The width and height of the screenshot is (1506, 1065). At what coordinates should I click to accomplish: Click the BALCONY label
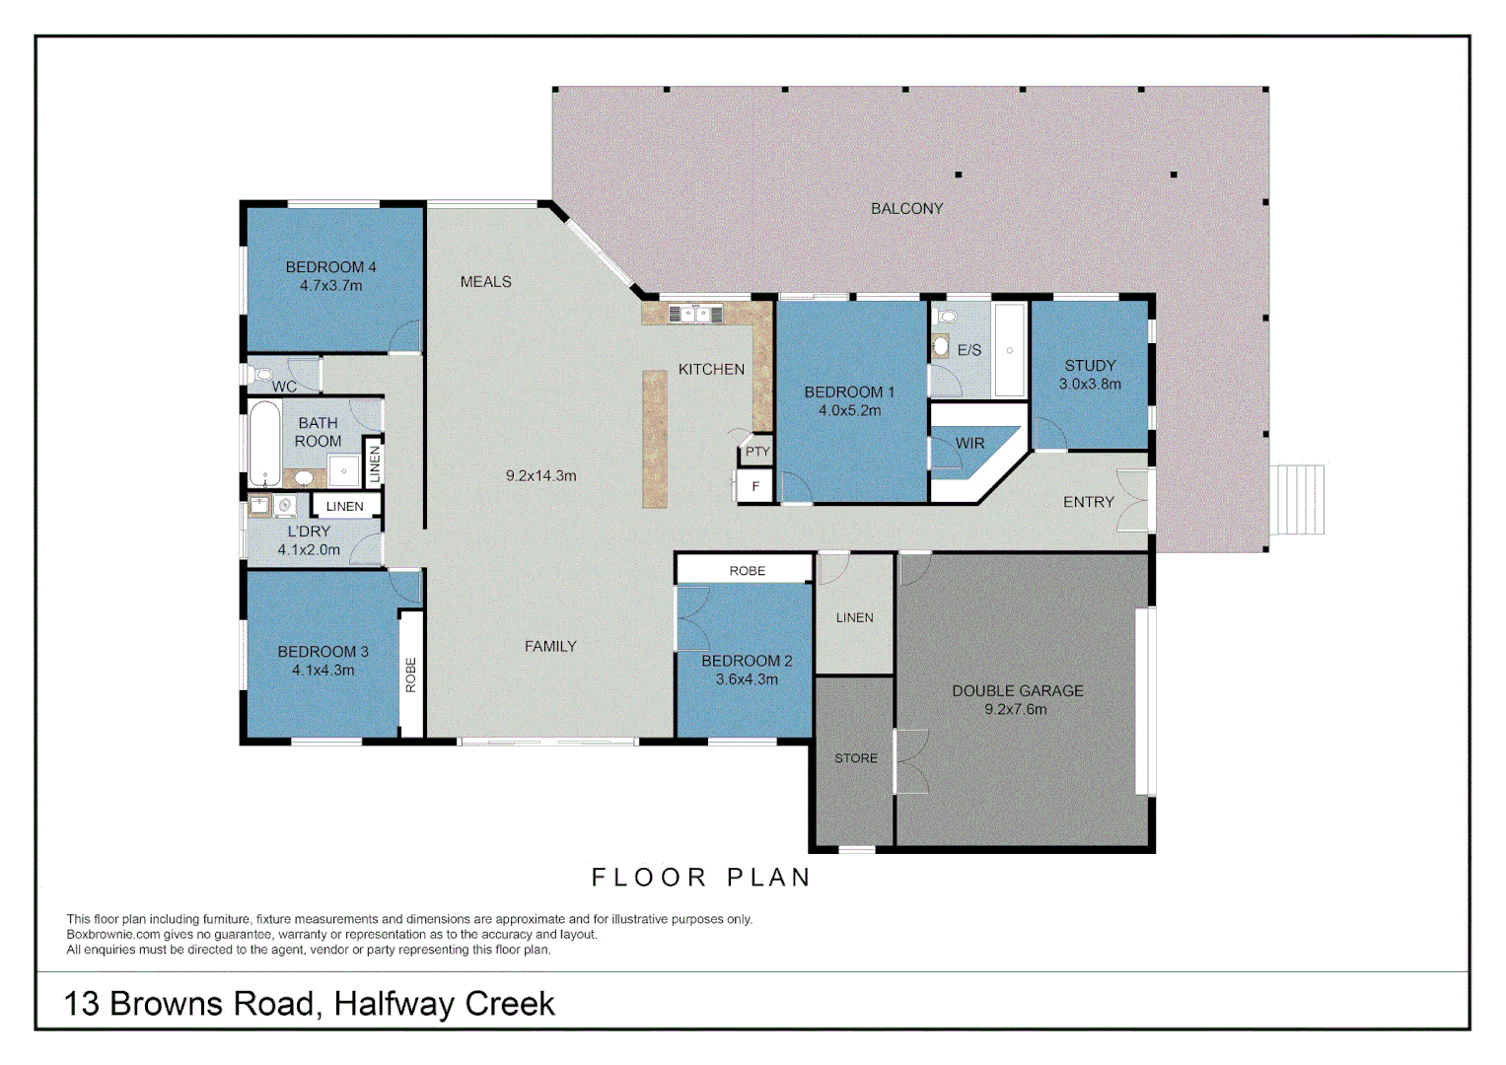coord(906,209)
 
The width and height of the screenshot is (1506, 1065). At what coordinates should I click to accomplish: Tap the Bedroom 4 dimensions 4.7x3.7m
coord(330,286)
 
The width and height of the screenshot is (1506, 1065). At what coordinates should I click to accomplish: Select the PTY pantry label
coord(756,452)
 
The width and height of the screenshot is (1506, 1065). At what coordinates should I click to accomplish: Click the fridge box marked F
coord(755,486)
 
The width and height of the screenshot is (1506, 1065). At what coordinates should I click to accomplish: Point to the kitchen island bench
coord(654,439)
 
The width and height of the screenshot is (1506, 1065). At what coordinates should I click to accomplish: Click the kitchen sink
coord(694,315)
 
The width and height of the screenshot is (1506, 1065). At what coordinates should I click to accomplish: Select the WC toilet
coord(261,375)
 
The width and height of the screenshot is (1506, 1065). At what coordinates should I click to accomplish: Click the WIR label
coord(969,444)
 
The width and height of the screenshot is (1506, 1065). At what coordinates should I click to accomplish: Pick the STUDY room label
coord(1090,366)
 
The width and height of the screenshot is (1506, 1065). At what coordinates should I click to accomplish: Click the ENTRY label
coord(1088,502)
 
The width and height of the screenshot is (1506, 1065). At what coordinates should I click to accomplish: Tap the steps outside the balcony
coord(1297,499)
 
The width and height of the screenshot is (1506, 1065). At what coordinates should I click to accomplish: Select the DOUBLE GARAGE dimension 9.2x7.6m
coord(1016,710)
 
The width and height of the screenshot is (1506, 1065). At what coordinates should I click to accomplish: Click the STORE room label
coord(855,758)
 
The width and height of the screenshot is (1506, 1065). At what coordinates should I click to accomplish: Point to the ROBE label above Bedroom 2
coord(747,571)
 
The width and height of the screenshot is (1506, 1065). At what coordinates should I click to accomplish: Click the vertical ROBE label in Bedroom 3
coord(411,674)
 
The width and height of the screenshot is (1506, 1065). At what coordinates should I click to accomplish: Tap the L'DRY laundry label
coord(309,532)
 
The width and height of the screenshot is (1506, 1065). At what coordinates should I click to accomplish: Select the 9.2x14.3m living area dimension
coord(540,475)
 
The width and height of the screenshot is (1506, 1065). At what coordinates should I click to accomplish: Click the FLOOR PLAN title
coord(700,878)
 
